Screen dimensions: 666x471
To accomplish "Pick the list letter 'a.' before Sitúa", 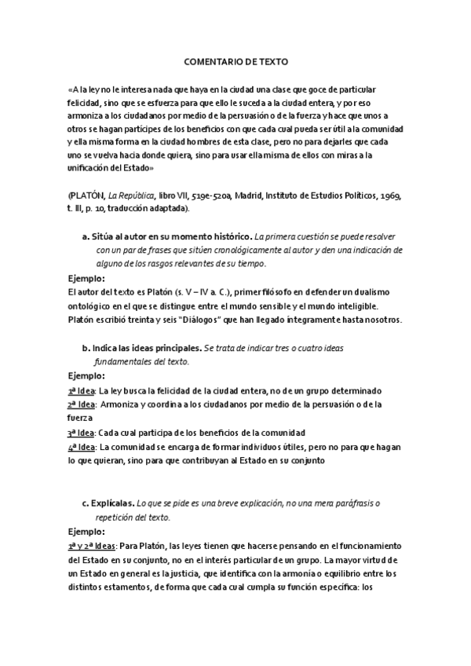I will click(86, 236).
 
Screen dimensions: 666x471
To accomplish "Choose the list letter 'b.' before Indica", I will click(86, 347).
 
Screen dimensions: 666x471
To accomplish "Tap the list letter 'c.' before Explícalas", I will click(86, 503).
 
